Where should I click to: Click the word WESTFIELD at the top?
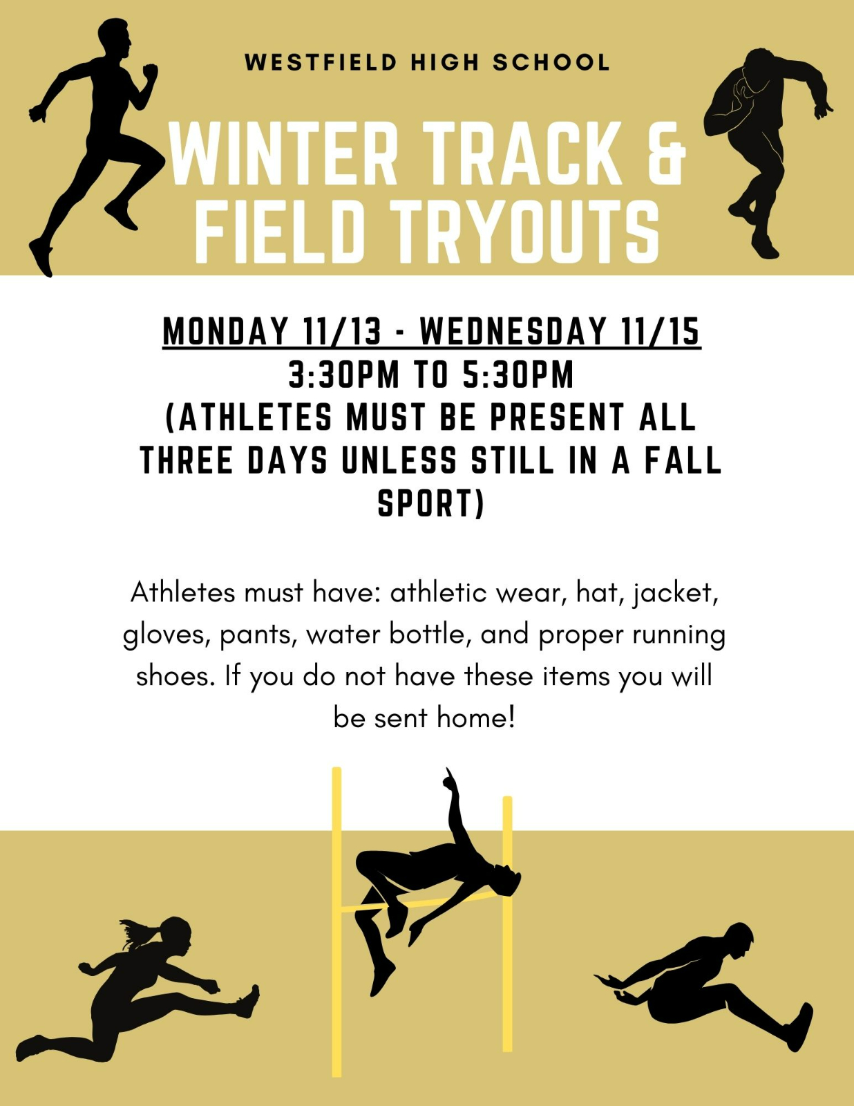click(x=321, y=62)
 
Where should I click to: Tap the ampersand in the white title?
click(x=666, y=153)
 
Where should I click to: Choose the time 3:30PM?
click(x=343, y=375)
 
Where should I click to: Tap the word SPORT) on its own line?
click(x=430, y=503)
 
